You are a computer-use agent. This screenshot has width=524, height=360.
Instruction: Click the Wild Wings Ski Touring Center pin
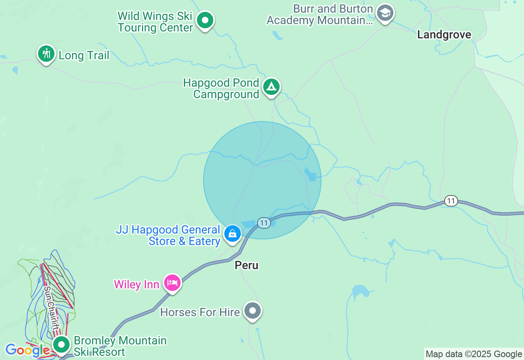click(x=205, y=20)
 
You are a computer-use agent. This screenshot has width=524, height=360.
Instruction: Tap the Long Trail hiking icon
click(x=46, y=54)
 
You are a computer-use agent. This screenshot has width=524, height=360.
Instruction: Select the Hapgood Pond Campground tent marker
click(x=271, y=87)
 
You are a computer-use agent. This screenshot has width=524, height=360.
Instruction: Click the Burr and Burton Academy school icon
click(x=385, y=13)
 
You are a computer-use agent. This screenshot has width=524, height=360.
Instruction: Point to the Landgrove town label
click(x=444, y=35)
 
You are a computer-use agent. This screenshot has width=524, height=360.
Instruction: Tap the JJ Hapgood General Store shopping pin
click(x=233, y=234)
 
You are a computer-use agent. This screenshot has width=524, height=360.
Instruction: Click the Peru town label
click(x=246, y=265)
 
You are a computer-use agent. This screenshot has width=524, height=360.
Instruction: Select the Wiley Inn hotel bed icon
click(x=172, y=283)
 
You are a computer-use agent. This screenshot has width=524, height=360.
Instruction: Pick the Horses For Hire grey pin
click(x=253, y=311)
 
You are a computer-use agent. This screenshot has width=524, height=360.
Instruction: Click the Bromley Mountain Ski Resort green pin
click(x=62, y=345)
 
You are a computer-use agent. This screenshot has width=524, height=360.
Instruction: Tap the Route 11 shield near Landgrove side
click(x=451, y=201)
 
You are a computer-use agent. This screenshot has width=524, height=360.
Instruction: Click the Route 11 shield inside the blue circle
click(x=264, y=223)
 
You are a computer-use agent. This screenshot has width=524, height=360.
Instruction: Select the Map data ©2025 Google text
click(x=474, y=354)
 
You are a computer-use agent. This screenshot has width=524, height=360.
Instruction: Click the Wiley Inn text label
click(x=136, y=284)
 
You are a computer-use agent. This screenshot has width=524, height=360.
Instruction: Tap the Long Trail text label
click(x=84, y=56)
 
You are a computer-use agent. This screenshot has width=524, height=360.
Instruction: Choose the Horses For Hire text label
click(x=200, y=312)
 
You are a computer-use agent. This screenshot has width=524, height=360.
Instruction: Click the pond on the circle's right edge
click(x=310, y=174)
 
